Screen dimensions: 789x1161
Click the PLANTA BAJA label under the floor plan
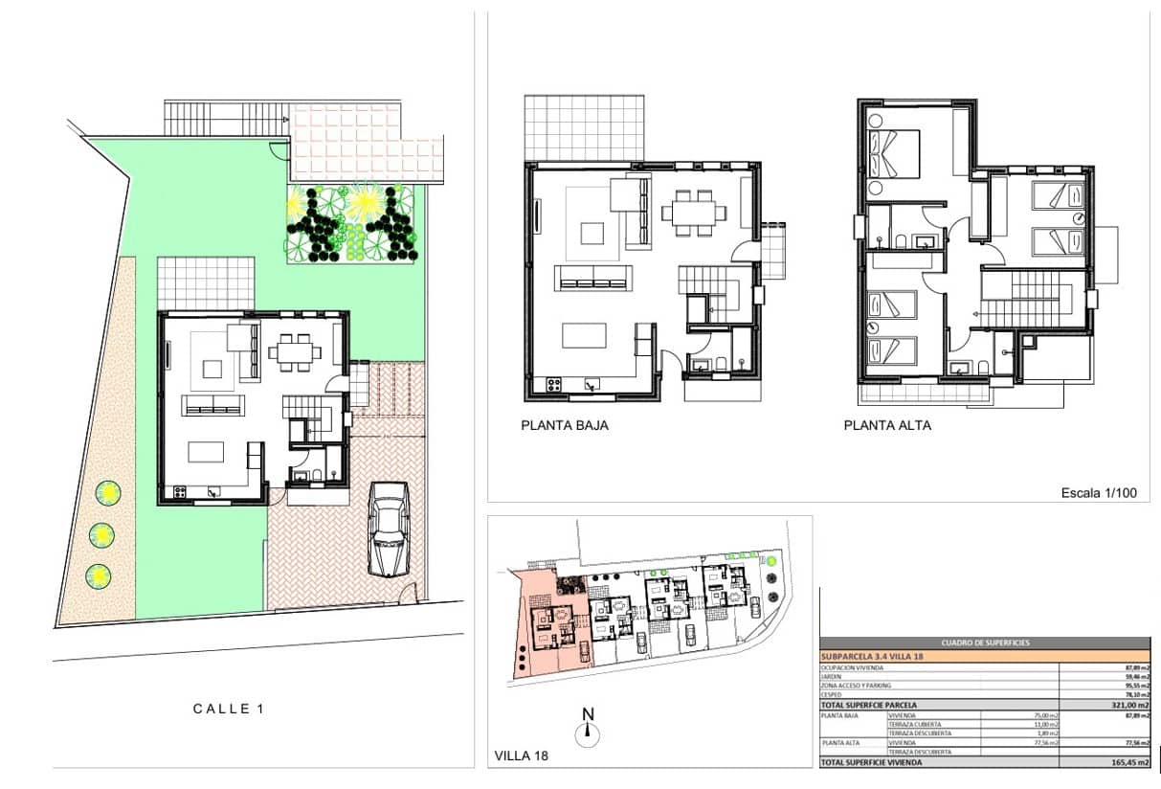565,425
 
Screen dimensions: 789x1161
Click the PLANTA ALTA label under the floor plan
886,425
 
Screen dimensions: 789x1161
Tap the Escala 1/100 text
1099,493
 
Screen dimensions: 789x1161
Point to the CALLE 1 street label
228,709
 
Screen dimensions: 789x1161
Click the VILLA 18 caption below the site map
521,755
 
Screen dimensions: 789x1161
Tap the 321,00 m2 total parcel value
1130,705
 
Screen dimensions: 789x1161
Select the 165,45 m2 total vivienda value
1130,762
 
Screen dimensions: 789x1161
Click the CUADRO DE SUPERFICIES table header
986,642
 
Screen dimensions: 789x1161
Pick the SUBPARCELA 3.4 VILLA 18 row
872,657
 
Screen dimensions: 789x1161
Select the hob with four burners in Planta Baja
553,385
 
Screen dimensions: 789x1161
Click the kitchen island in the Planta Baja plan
584,335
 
